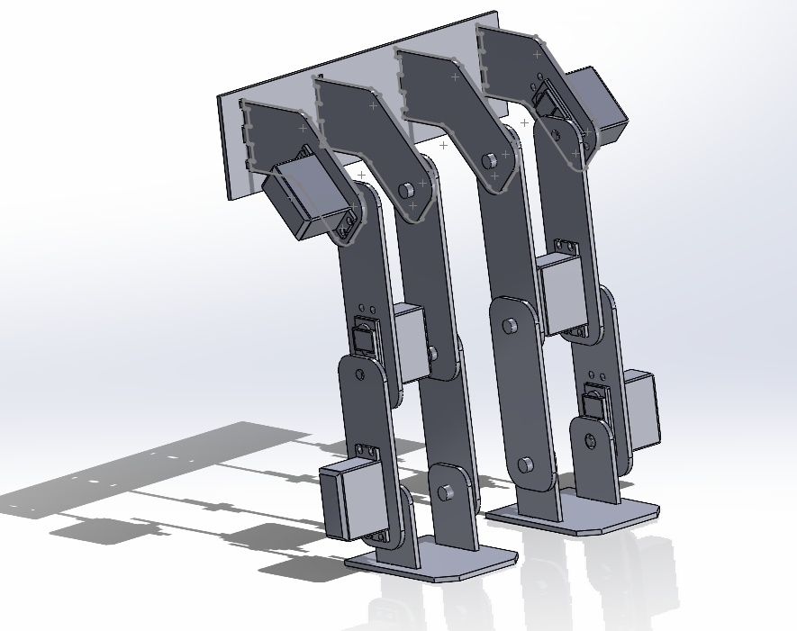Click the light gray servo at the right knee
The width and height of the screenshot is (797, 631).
[x=560, y=290]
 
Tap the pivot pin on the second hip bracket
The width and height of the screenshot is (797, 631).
[x=405, y=190]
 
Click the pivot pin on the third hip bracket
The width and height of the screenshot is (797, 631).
[x=489, y=160]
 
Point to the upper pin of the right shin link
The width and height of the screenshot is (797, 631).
[x=509, y=324]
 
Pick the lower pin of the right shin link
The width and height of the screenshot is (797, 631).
[x=525, y=465]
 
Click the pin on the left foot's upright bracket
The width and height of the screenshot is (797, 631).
[x=444, y=492]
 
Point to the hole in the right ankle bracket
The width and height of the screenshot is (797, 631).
[x=590, y=440]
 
